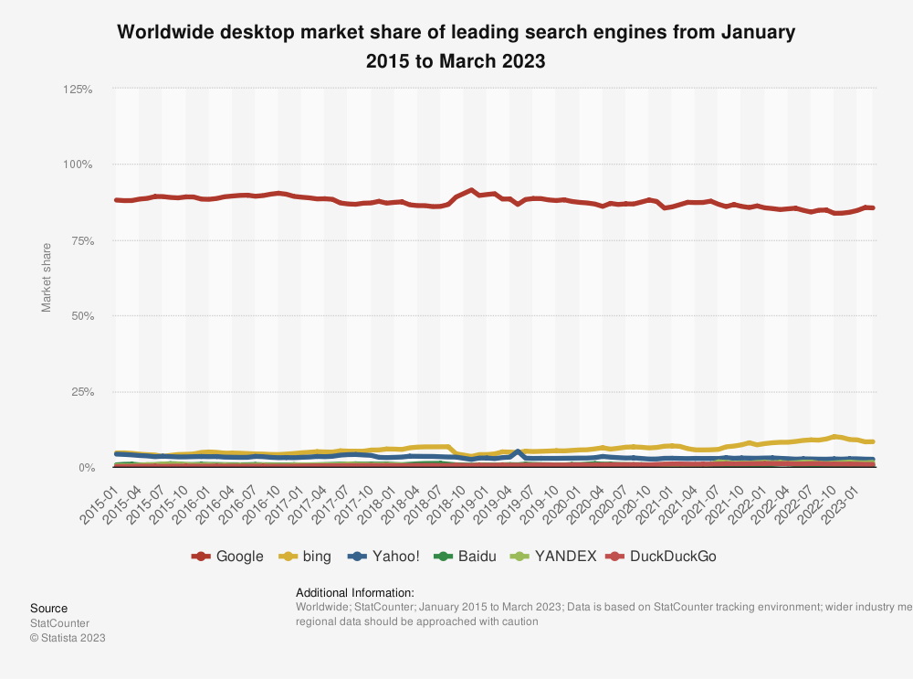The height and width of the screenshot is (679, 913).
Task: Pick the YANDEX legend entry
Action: tap(552, 556)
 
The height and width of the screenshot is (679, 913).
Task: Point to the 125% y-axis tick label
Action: tap(78, 90)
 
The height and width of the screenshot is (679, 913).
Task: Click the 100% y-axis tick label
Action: tap(78, 164)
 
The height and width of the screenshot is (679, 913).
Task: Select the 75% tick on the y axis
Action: tap(80, 240)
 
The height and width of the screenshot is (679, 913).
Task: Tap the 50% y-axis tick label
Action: tap(80, 316)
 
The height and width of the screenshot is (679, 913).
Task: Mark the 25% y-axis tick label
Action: tap(80, 392)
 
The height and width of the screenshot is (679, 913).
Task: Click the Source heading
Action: tap(48, 608)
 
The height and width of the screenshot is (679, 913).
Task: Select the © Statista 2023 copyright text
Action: tap(68, 638)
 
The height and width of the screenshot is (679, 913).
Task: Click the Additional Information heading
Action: tap(355, 592)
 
